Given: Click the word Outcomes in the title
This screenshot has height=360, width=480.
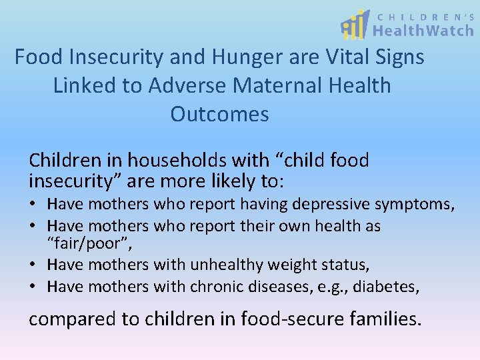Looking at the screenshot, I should coord(219,114).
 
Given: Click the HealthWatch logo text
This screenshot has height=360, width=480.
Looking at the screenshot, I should coord(423,30).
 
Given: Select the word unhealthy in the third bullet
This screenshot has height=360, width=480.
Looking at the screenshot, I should coord(226,265).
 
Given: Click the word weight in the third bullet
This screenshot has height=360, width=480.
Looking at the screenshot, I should coord(290,265).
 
